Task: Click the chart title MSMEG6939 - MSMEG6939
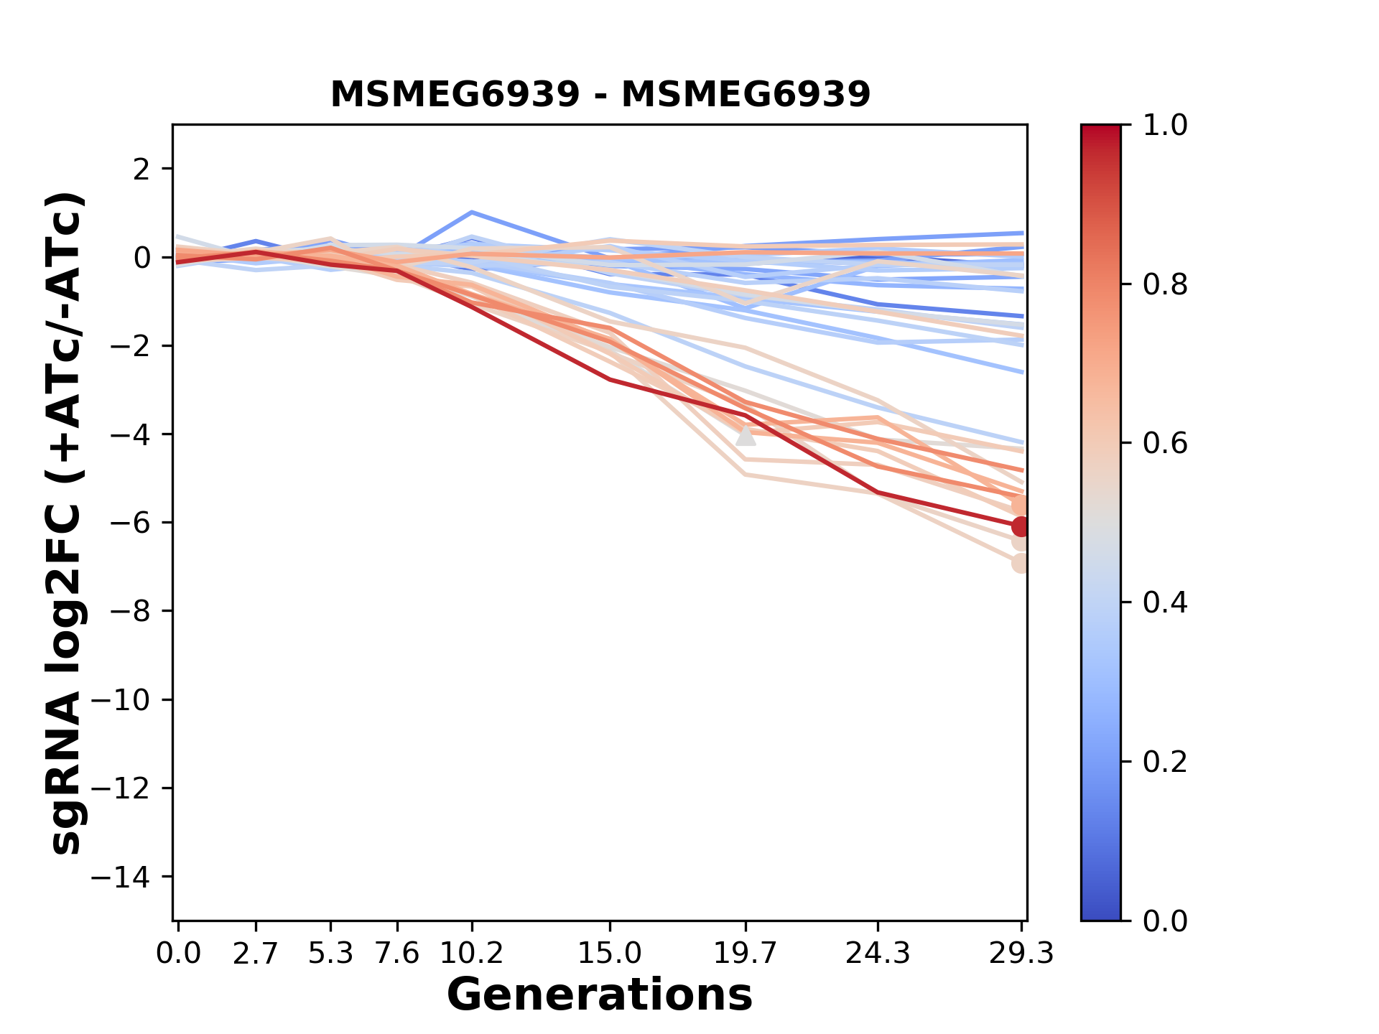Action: [600, 94]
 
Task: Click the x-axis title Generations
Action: [600, 995]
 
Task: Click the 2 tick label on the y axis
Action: [141, 169]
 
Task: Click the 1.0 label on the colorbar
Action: [1165, 126]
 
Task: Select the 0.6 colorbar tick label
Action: [1165, 444]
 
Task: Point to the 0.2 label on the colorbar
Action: [1165, 762]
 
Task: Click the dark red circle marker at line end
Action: [1020, 526]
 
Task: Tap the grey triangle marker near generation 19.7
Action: [746, 436]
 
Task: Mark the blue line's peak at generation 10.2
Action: [471, 213]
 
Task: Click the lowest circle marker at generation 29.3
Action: [1020, 563]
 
